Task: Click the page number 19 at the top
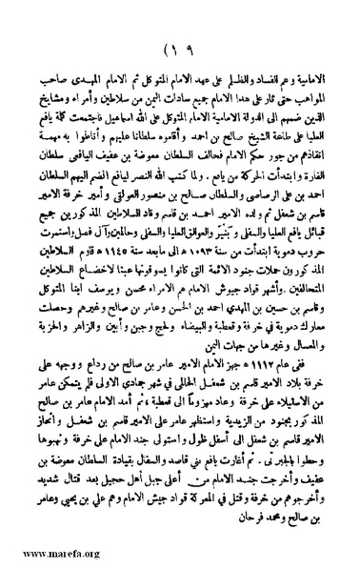[x=180, y=51]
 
